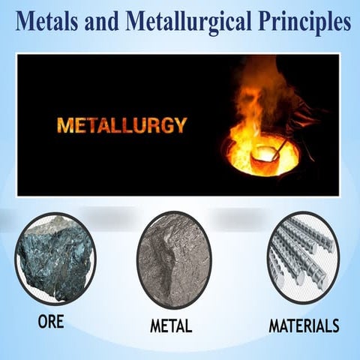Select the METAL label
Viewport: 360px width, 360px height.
pyautogui.click(x=171, y=326)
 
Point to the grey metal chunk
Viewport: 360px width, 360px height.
pyautogui.click(x=173, y=259)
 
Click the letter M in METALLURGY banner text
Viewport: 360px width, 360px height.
pyautogui.click(x=61, y=124)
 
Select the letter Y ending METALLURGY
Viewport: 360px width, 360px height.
pyautogui.click(x=179, y=124)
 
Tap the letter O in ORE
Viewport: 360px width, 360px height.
pyautogui.click(x=42, y=322)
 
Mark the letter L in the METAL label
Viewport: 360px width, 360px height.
pyautogui.click(x=188, y=326)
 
